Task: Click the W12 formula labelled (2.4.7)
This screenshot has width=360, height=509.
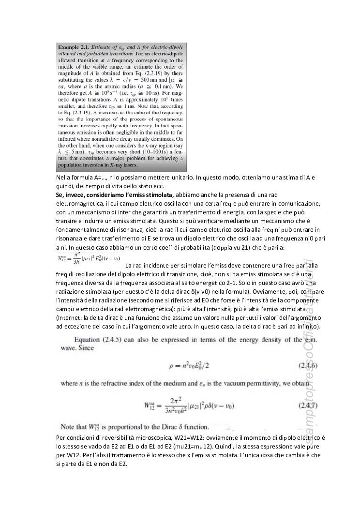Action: click(189, 404)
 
